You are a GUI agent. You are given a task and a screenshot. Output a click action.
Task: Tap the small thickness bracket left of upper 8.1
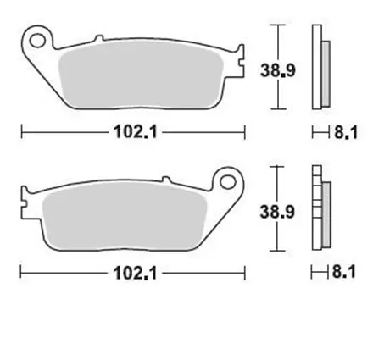click(320, 132)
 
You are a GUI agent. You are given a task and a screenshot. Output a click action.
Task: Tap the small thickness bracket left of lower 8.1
click(320, 273)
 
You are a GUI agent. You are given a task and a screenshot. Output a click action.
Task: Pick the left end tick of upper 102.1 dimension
click(20, 132)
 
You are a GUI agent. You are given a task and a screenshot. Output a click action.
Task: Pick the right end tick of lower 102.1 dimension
click(244, 273)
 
